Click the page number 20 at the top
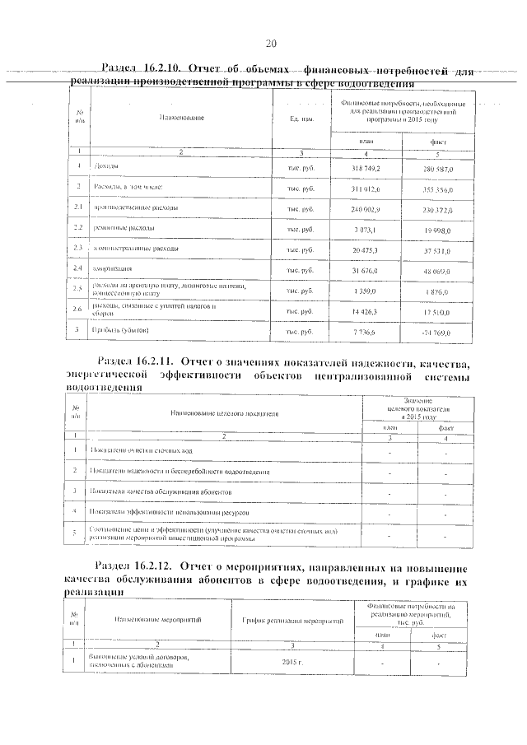[271, 44]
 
